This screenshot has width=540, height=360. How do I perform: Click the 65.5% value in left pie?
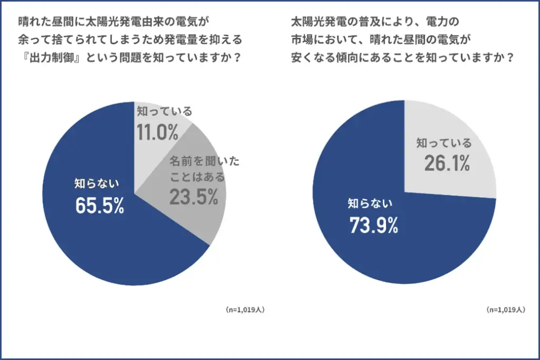pos(100,207)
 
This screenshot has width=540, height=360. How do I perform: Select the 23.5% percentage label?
pos(194,197)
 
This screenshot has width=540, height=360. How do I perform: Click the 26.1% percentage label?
pos(447,163)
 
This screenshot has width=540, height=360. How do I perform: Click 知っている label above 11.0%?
pos(165,112)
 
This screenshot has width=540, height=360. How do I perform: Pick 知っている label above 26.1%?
pos(444,143)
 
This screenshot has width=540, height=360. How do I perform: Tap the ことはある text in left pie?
pos(197,177)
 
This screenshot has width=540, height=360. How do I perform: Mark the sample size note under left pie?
pos(245,310)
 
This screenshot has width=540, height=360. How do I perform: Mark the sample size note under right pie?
pos(506,310)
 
